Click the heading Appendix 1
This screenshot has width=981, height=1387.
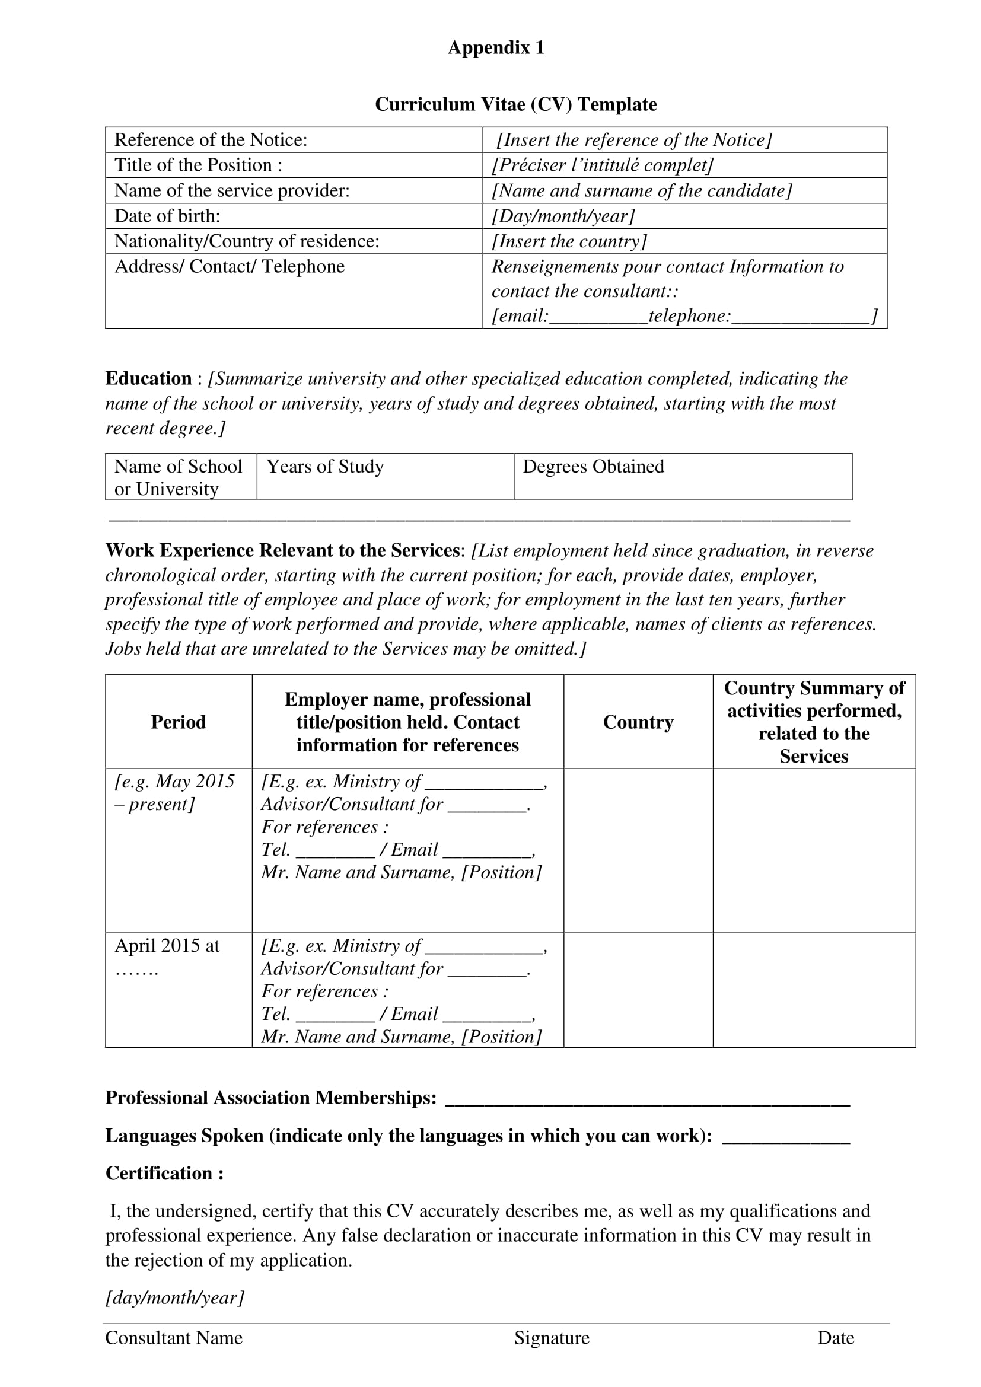pyautogui.click(x=496, y=47)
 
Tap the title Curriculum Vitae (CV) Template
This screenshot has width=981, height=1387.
pyautogui.click(x=515, y=104)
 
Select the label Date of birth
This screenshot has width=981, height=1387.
pyautogui.click(x=167, y=216)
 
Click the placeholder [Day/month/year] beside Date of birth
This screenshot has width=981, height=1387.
pyautogui.click(x=563, y=216)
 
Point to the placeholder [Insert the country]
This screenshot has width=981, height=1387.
pyautogui.click(x=569, y=241)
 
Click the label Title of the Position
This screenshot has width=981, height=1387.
pyautogui.click(x=198, y=165)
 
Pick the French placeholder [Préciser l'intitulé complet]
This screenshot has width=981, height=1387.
pyautogui.click(x=602, y=165)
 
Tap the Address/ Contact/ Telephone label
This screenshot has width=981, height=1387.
pyautogui.click(x=230, y=267)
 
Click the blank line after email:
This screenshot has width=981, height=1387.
pyautogui.click(x=598, y=317)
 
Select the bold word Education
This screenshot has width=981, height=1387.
pyautogui.click(x=149, y=379)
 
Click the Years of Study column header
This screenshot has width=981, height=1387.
pyautogui.click(x=325, y=467)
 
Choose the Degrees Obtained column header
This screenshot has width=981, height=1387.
pyautogui.click(x=593, y=467)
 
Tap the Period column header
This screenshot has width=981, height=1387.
pyautogui.click(x=178, y=722)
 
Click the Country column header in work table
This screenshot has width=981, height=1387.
pyautogui.click(x=638, y=722)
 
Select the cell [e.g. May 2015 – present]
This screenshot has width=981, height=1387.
pyautogui.click(x=174, y=793)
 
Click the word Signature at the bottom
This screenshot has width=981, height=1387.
pyautogui.click(x=552, y=1338)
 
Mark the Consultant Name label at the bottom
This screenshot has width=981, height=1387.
pyautogui.click(x=174, y=1338)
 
